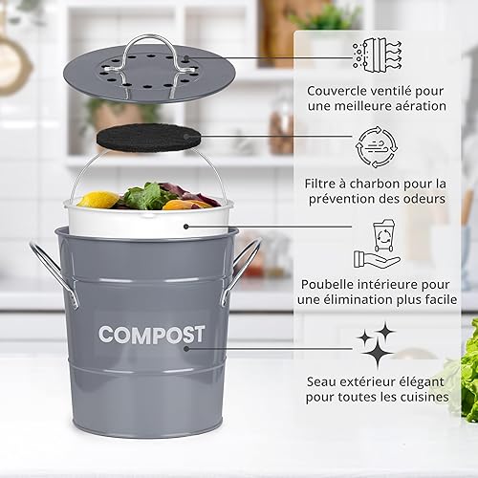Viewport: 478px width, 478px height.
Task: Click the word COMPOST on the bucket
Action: point(151,335)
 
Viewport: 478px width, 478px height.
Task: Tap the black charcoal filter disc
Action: point(149,139)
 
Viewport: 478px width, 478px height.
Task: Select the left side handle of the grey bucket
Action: point(54,274)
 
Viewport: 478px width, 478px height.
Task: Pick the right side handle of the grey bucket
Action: point(242,271)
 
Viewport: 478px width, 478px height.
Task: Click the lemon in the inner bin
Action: point(98,199)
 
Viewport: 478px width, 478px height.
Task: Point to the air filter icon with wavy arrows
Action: point(377,54)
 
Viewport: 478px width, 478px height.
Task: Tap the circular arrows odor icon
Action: point(377,147)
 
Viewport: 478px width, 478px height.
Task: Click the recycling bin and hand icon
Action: point(377,244)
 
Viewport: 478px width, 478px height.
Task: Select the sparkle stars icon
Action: point(377,346)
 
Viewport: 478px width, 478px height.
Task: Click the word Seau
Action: point(321,381)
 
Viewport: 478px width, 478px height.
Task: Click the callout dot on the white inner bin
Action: point(186,227)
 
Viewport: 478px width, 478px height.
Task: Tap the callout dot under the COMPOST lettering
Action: point(186,349)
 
